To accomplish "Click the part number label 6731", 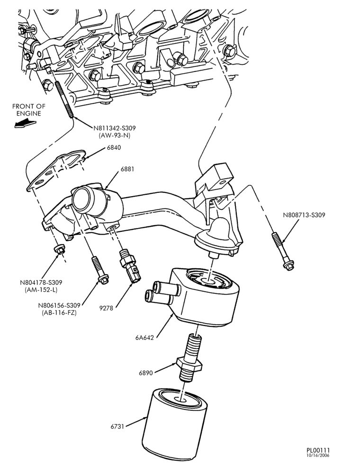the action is pos(117,427).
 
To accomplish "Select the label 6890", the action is pos(146,373).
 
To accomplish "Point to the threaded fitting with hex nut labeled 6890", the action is pos(189,359).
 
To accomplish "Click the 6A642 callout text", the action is pos(144,338).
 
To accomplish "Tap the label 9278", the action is pos(106,308).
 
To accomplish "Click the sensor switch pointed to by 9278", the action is pos(130,266).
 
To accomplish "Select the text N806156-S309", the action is pos(59,305).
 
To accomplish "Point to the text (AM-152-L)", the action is pos(41,290).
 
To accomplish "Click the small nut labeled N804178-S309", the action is pos(59,249).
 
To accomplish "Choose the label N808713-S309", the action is pos(304,215).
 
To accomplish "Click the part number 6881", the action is pos(127,169).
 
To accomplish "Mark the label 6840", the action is pos(114,147).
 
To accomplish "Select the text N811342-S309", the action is pos(114,128).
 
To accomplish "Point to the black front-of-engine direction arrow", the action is pos(25,123).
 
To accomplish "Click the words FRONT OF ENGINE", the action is pos(28,110).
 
